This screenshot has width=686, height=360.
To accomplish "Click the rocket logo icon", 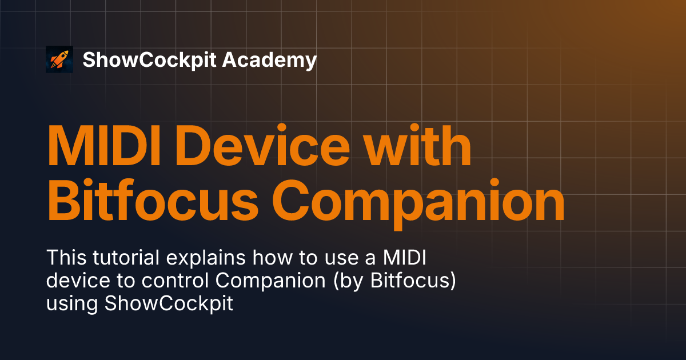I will click(59, 59).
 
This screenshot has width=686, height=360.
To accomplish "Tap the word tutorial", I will click(125, 258).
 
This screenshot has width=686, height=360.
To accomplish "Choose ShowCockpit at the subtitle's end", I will click(169, 304).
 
